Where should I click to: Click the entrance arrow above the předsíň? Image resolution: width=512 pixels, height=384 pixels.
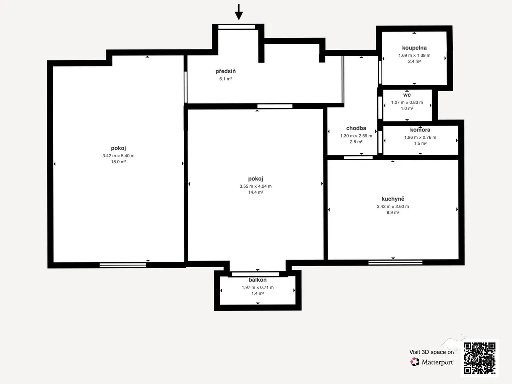[x=239, y=12]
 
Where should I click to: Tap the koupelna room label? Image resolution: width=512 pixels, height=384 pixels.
[x=414, y=48]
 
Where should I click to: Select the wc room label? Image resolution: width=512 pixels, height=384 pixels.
[x=407, y=95]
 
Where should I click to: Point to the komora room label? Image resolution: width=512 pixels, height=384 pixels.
[x=420, y=130]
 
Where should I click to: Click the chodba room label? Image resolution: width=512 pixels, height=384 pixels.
[x=356, y=128]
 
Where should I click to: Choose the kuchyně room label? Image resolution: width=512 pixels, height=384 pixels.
[x=393, y=199]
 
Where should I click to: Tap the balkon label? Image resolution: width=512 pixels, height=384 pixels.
[x=257, y=280]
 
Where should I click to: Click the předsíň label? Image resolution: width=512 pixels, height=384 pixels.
[x=225, y=71]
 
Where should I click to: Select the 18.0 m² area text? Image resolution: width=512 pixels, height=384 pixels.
[x=118, y=162]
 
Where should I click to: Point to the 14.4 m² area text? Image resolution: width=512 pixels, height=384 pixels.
[x=255, y=192]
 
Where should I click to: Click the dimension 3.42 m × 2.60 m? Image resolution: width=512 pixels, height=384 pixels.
[x=393, y=206]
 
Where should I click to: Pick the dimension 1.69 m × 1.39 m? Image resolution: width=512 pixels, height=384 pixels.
[x=414, y=55]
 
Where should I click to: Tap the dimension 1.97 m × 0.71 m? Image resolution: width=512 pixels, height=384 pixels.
[x=257, y=287]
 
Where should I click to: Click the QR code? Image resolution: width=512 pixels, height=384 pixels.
[x=480, y=358]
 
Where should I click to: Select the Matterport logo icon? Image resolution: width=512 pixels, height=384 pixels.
[x=415, y=362]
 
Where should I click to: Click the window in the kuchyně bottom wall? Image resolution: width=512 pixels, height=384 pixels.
[x=395, y=262]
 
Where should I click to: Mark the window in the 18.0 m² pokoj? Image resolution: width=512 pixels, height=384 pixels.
[x=123, y=265]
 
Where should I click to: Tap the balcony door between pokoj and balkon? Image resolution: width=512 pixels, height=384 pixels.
[x=255, y=274]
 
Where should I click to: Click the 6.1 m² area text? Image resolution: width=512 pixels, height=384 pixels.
[x=225, y=79]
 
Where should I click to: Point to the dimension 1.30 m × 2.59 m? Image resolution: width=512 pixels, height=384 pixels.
[x=356, y=136]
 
